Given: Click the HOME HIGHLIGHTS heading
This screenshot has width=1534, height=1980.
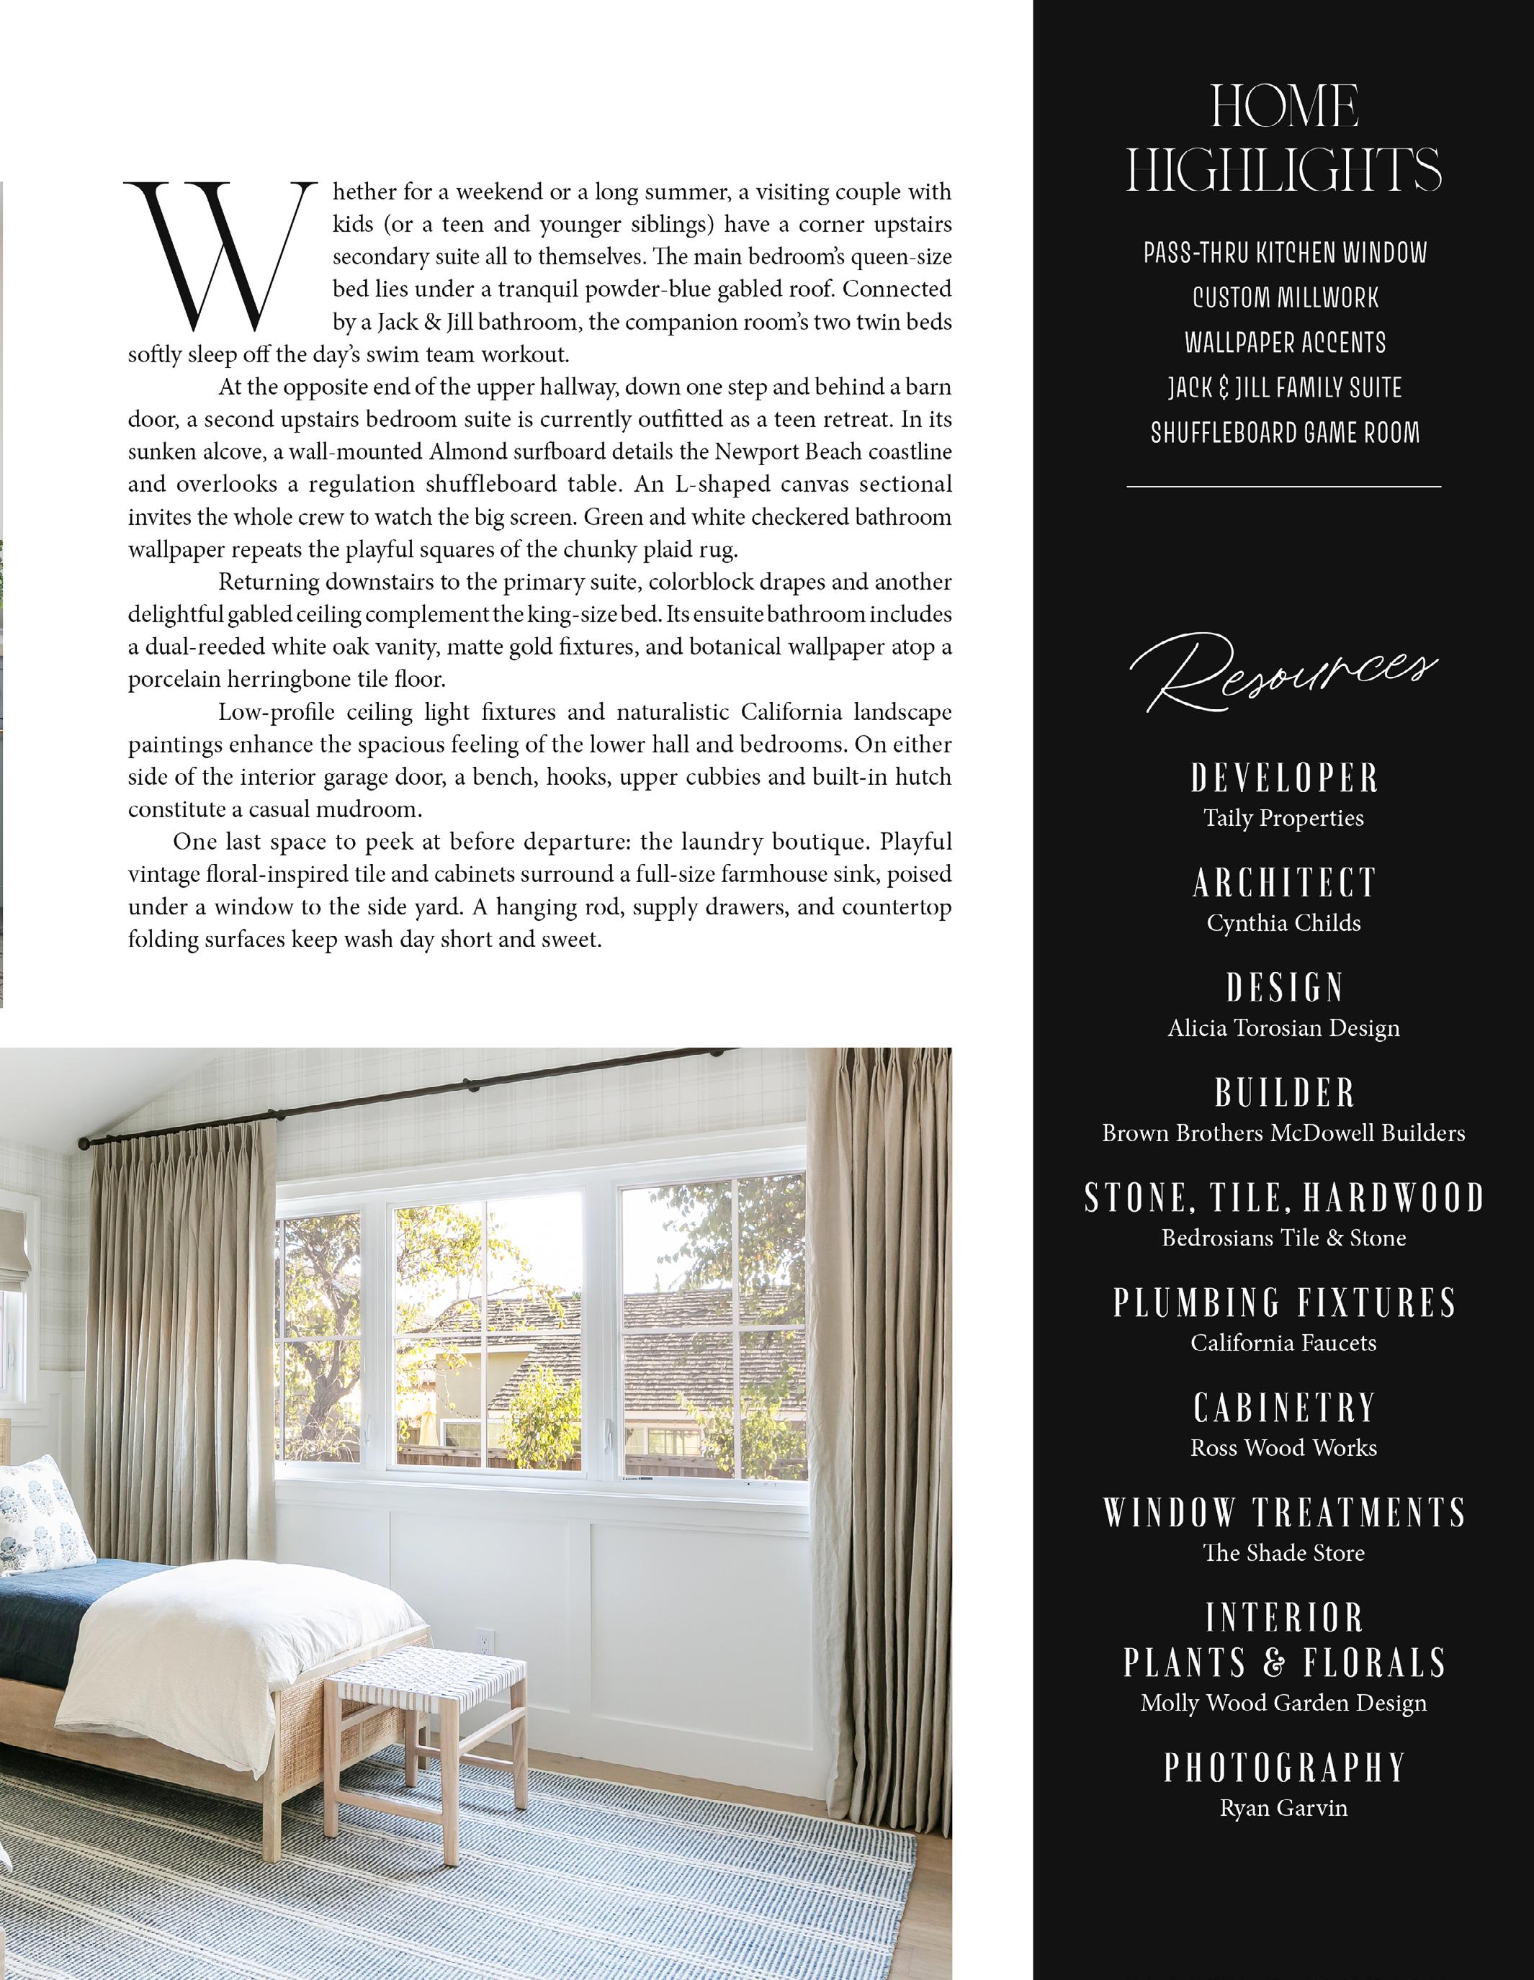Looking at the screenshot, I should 1284,139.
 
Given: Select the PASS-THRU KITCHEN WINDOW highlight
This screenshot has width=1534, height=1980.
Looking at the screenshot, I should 1285,253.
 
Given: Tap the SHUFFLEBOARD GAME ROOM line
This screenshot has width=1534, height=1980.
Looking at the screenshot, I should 1285,433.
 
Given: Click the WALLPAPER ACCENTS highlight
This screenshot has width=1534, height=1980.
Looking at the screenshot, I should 1285,343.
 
